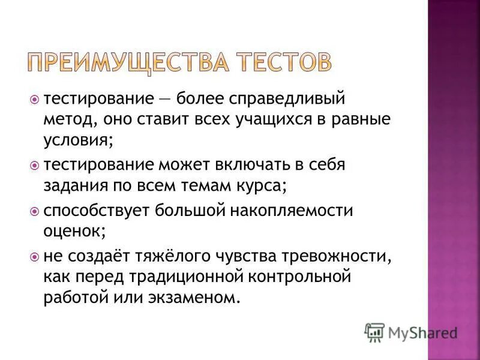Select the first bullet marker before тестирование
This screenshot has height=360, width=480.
34,98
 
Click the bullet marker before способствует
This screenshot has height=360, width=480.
34,211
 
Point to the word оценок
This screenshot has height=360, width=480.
73,231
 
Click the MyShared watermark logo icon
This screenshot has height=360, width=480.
374,331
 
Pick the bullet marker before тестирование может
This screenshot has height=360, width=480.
34,164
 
